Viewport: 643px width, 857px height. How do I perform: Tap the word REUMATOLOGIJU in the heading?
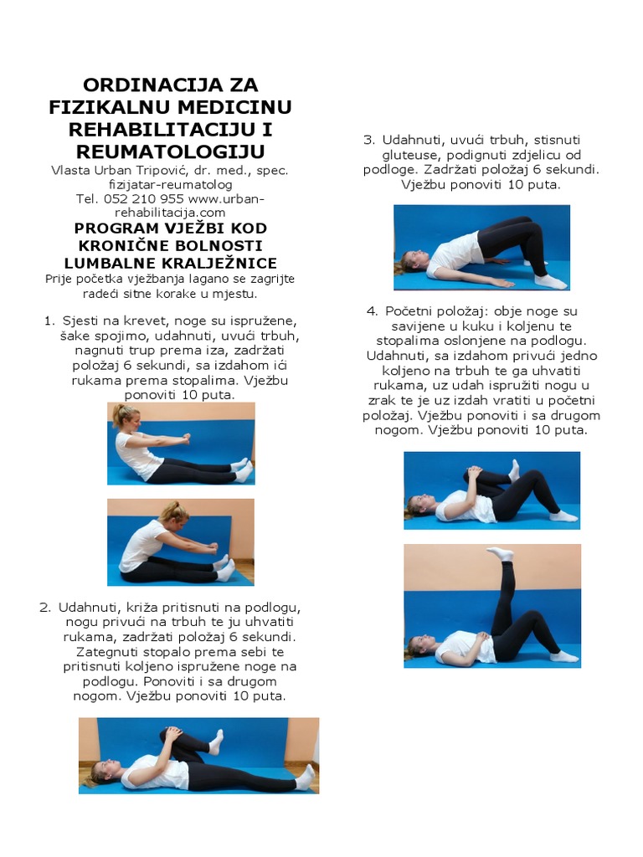171,151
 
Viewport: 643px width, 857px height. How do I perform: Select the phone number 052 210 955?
143,198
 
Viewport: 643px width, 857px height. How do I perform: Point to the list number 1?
49,321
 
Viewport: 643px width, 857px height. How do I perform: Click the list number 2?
45,608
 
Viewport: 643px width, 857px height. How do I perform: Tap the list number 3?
369,140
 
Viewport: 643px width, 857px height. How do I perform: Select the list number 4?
373,311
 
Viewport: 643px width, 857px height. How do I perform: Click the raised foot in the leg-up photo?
501,553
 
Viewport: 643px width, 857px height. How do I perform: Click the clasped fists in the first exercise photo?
186,439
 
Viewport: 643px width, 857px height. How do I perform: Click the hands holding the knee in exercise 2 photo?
174,733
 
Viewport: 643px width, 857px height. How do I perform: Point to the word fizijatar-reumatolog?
171,184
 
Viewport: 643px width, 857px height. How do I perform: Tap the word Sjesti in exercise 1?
80,321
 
